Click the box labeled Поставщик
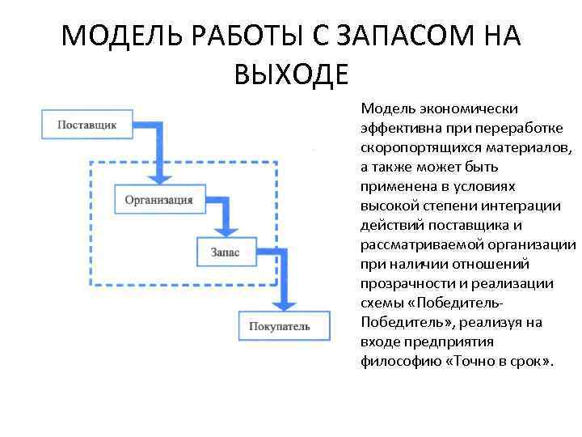tap(87, 125)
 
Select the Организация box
tap(159, 199)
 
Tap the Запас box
tap(226, 252)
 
